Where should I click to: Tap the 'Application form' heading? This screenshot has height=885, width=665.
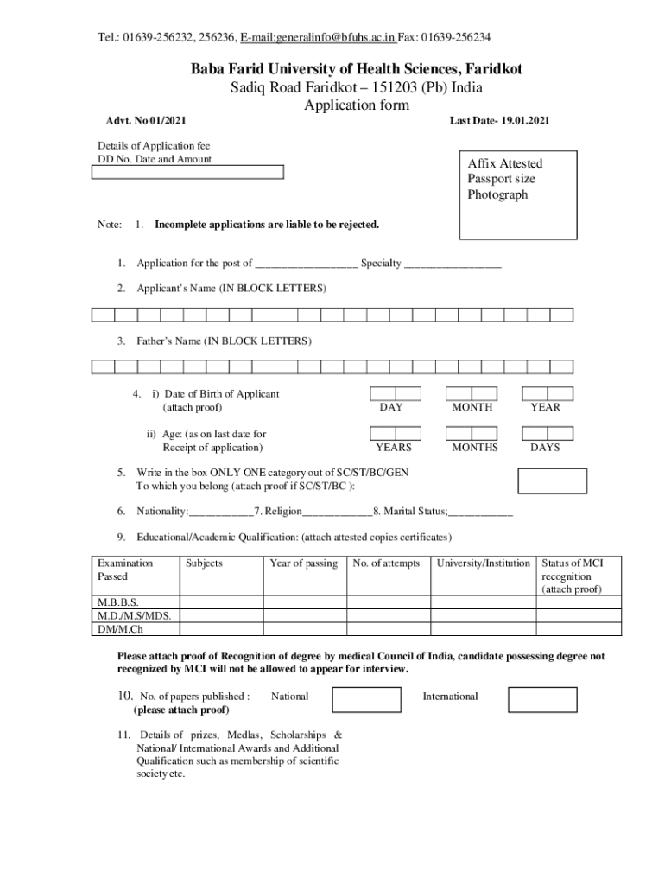coord(356,105)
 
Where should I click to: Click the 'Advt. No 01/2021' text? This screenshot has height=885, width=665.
coord(142,121)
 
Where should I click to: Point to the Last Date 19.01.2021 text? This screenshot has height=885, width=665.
coord(498,121)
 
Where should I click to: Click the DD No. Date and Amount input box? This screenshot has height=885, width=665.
coord(187,173)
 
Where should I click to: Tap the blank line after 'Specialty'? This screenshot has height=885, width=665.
coord(453,264)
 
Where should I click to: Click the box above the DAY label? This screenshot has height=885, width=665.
coord(396,393)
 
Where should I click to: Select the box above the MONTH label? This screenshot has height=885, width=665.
coord(472,393)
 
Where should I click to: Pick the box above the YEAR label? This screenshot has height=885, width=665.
coord(548,393)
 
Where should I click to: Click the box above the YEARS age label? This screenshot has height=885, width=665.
coord(396,433)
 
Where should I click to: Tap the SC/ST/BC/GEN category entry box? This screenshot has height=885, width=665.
coord(551,480)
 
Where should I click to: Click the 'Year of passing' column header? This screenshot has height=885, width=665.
coord(303,563)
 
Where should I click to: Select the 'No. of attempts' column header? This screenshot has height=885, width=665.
coord(386,563)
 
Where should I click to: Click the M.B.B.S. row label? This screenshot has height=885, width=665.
coord(118,602)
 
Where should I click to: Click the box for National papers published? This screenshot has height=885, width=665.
coord(367,699)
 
